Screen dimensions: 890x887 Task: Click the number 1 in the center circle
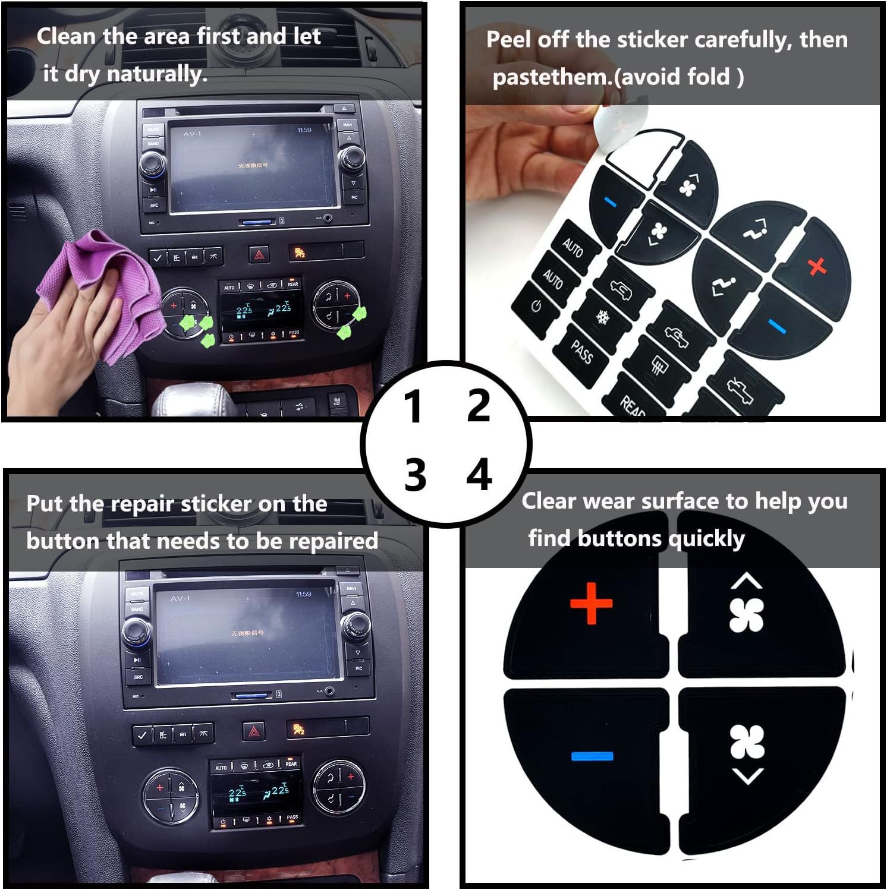pos(412,408)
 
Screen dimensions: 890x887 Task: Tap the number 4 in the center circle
pos(479,475)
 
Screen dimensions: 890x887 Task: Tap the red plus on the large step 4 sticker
pos(591,604)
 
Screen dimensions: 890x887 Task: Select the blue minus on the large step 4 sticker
pos(592,756)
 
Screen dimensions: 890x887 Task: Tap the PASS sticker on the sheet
pos(581,353)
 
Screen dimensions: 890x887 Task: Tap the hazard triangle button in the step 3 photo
pos(254,731)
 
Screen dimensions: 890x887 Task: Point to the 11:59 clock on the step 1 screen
pos(304,130)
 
